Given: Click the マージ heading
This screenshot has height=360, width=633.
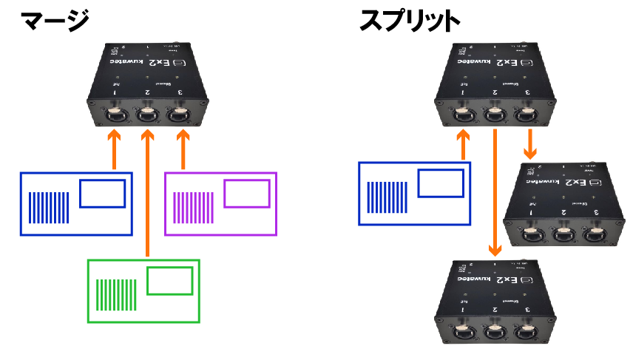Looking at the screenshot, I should (55, 20).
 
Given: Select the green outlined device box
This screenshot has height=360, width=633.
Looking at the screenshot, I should (143, 291).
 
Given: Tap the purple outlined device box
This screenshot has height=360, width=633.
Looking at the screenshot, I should (220, 203).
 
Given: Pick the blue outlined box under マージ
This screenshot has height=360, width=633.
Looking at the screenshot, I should (77, 203).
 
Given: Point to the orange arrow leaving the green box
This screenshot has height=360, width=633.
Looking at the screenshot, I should (148, 192).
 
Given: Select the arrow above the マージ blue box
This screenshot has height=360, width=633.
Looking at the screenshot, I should (114, 148).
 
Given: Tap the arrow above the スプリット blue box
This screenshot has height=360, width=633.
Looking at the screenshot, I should (464, 143).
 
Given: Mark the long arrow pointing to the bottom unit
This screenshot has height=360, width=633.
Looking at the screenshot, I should (493, 192).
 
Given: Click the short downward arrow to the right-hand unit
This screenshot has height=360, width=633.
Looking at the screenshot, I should (529, 142).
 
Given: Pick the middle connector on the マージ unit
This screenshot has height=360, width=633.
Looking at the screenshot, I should (147, 115).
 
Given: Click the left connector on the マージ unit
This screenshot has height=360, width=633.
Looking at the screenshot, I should (115, 115).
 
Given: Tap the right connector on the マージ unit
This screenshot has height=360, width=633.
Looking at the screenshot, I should (177, 115).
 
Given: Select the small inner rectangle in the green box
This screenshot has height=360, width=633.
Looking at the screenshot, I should (169, 282).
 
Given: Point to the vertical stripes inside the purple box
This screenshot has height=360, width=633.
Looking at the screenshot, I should (194, 208).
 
